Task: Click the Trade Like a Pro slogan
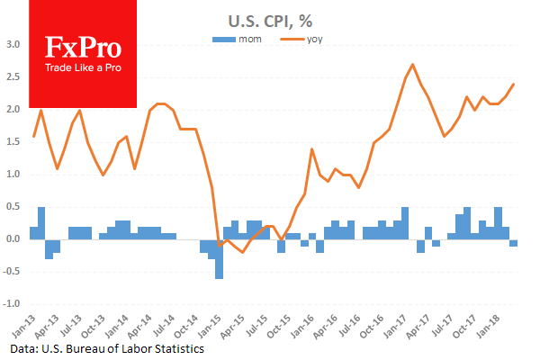(83, 69)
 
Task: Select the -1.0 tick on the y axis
(11, 304)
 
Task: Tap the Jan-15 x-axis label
(216, 322)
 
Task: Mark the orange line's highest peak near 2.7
(412, 65)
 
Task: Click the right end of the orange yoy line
(514, 85)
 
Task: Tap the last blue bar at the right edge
(514, 243)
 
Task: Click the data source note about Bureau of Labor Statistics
(109, 347)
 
